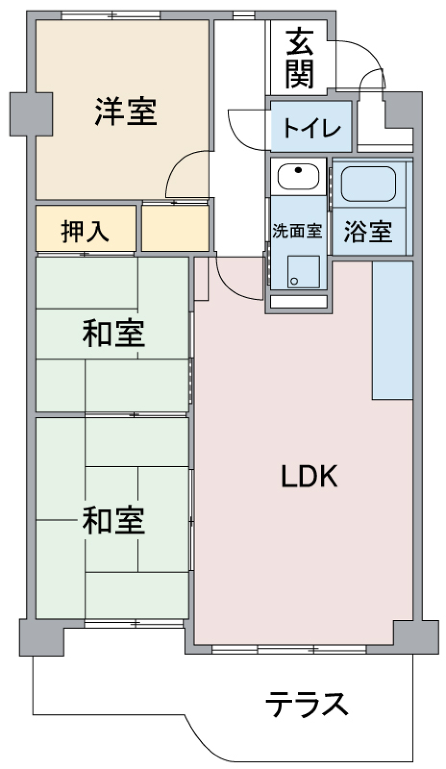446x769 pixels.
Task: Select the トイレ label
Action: tap(312, 128)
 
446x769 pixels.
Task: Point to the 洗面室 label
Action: tap(297, 230)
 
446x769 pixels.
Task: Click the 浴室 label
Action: tap(368, 231)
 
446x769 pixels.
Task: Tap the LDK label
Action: tap(309, 476)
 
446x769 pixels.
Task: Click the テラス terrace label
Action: tap(307, 704)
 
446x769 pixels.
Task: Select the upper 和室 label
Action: tap(113, 333)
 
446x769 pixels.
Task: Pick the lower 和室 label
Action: tap(113, 521)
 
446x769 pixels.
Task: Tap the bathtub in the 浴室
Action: tap(368, 183)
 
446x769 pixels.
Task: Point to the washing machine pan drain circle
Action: tap(294, 281)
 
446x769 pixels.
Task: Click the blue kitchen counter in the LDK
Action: tap(392, 330)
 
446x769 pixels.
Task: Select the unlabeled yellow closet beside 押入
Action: tap(175, 228)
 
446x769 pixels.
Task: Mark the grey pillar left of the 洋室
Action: tap(31, 114)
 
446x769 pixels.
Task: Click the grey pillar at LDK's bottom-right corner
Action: tap(416, 636)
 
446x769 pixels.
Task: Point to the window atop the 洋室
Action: tap(111, 15)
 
